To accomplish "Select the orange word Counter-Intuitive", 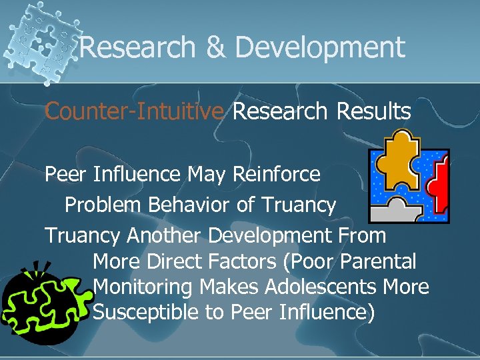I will pyautogui.click(x=134, y=112).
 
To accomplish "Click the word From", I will pyautogui.click(x=363, y=235).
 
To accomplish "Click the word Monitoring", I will pyautogui.click(x=143, y=287).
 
